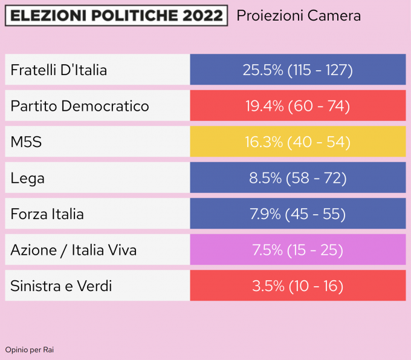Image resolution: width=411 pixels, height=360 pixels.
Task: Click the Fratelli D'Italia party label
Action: pyautogui.click(x=59, y=70)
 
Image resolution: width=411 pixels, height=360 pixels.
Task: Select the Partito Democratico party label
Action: pyautogui.click(x=80, y=106)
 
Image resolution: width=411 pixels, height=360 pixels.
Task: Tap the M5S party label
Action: pyautogui.click(x=26, y=142)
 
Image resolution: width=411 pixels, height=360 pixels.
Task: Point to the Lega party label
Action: pyautogui.click(x=28, y=178)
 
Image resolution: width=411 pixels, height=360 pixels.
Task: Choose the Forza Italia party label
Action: pyautogui.click(x=47, y=214)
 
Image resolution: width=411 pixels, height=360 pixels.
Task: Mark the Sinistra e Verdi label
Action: pyautogui.click(x=61, y=286)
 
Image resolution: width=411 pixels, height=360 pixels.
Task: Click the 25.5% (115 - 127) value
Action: pyautogui.click(x=297, y=70)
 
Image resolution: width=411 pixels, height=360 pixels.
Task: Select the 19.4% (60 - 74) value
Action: pyautogui.click(x=297, y=106)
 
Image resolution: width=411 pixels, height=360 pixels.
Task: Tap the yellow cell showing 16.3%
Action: pyautogui.click(x=297, y=142)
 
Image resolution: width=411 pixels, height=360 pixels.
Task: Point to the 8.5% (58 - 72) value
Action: pyautogui.click(x=297, y=178)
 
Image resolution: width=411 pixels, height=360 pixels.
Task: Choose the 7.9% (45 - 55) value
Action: pyautogui.click(x=297, y=214)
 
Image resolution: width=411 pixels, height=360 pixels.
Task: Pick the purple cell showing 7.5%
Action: pyautogui.click(x=297, y=250)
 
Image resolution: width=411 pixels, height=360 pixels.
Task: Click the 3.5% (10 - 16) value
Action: pyautogui.click(x=297, y=286)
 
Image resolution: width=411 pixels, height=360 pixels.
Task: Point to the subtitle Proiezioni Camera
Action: pyautogui.click(x=299, y=16)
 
